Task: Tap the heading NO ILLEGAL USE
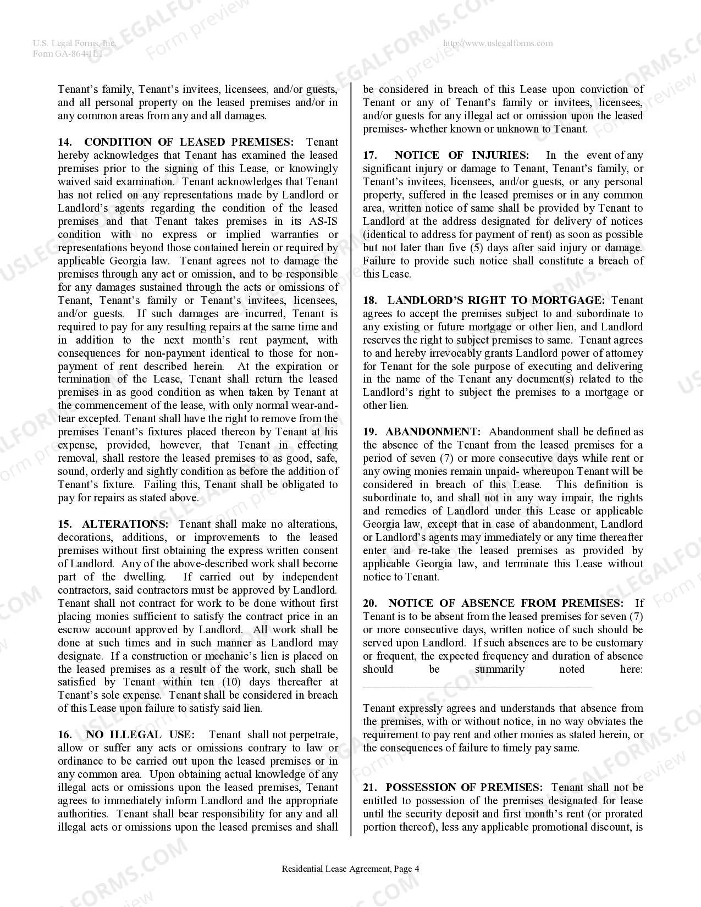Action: pyautogui.click(x=140, y=735)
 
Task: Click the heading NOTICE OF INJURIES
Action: pyautogui.click(x=461, y=156)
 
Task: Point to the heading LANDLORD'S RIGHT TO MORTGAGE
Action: pyautogui.click(x=495, y=301)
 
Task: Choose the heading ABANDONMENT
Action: pyautogui.click(x=433, y=432)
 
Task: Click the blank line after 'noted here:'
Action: pyautogui.click(x=477, y=685)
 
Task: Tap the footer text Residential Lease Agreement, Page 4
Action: pyautogui.click(x=350, y=869)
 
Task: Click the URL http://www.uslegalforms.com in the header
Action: pyautogui.click(x=498, y=43)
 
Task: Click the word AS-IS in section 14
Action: pyautogui.click(x=322, y=222)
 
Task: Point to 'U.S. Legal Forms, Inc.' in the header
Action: pyautogui.click(x=74, y=43)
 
